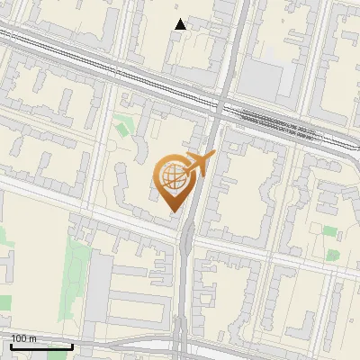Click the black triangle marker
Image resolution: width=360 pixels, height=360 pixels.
coord(181,24)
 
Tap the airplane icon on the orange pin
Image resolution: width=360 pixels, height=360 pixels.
coord(199,164)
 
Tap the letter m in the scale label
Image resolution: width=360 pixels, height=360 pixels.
coord(33,338)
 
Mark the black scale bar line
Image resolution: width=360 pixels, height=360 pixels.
coord(41,346)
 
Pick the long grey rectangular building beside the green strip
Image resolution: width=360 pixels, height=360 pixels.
coord(98,292)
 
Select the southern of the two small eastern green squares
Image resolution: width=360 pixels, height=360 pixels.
coord(332,255)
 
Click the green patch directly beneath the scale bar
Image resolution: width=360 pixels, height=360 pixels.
coord(63,355)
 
